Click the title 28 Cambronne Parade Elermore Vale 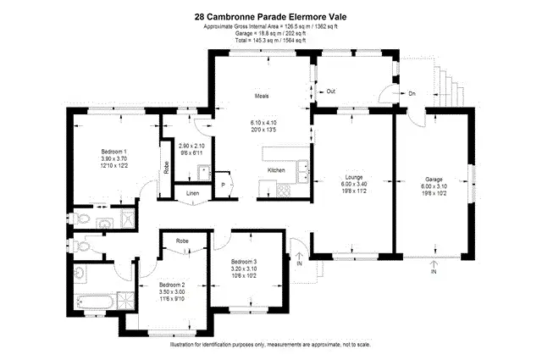[x=271, y=15]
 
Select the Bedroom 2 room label [x=172, y=285]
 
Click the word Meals [x=261, y=96]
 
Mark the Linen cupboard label [x=194, y=194]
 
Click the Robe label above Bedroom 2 [x=182, y=241]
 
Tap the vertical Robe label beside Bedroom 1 [x=165, y=167]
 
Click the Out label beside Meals [x=331, y=91]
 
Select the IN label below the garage [x=434, y=272]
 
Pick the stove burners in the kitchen [x=282, y=191]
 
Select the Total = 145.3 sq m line [x=271, y=40]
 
